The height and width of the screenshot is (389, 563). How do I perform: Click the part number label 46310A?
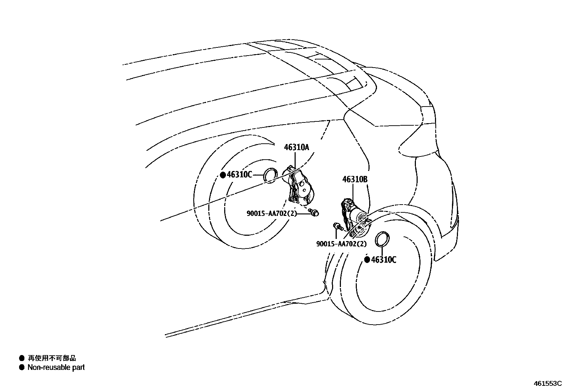(296, 147)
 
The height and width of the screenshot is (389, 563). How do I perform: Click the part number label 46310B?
(354, 180)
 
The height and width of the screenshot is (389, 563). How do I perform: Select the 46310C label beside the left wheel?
(239, 175)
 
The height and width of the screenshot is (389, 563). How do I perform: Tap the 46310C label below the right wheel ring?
(384, 260)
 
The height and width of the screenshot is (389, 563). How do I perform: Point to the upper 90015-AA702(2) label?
(272, 213)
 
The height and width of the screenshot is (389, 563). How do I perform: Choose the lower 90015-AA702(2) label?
(341, 244)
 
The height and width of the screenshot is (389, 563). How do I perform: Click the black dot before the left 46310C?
(223, 175)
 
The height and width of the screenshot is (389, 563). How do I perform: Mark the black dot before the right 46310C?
(367, 260)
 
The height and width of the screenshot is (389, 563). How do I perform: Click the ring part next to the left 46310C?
(271, 175)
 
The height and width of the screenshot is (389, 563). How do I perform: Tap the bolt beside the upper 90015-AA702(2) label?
(314, 212)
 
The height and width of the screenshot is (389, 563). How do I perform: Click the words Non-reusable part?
(56, 367)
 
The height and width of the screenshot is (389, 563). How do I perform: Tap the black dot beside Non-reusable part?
(22, 367)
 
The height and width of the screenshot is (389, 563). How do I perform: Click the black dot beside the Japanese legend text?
(22, 358)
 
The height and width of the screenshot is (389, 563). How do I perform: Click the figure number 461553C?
(547, 383)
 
